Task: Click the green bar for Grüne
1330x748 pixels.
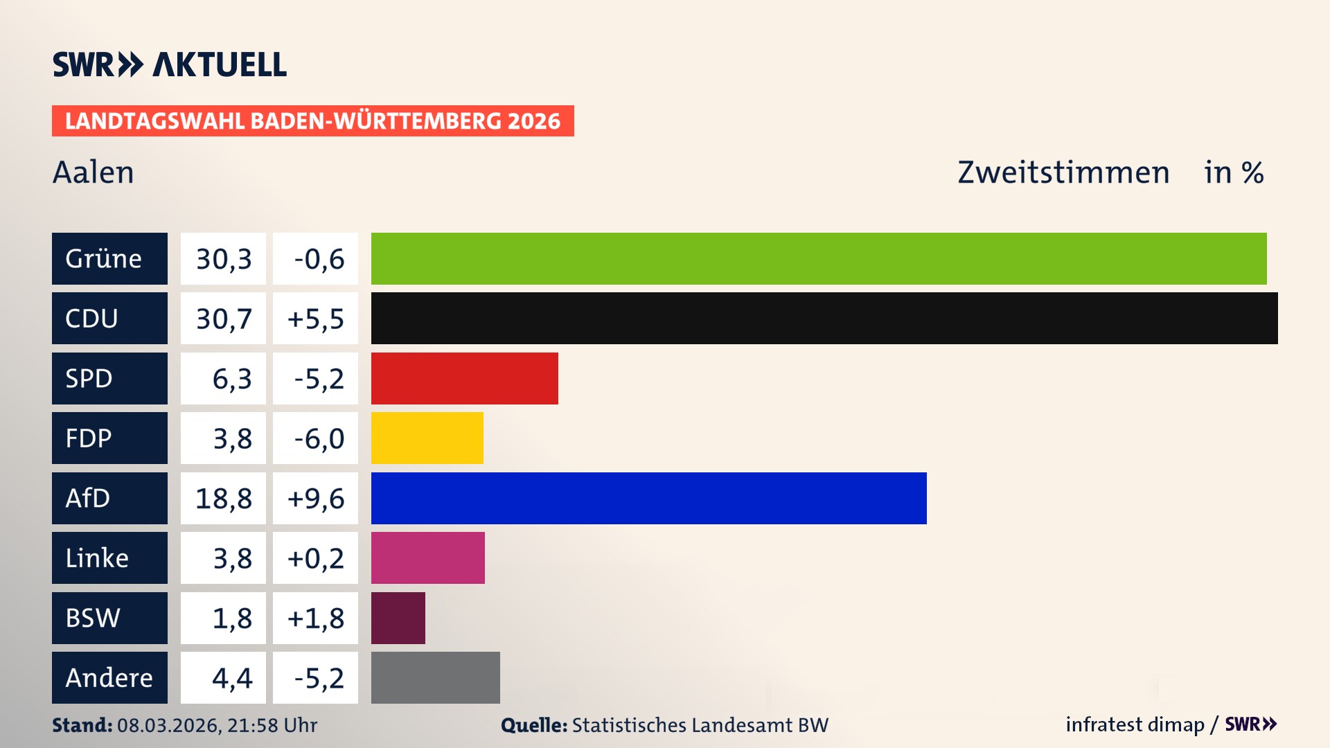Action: pos(819,258)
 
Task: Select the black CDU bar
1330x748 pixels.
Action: pos(824,318)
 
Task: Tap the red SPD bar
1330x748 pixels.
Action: pos(464,378)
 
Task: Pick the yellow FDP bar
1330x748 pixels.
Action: pos(427,438)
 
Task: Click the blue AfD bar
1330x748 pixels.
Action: pos(648,498)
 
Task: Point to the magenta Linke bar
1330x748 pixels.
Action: pos(427,558)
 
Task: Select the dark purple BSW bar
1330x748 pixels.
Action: pos(398,618)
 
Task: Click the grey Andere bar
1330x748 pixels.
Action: pos(435,677)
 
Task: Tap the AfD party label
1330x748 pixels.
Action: pos(109,498)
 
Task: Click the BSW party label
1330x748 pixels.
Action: pos(109,618)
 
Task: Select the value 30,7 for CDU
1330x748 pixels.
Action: pos(223,319)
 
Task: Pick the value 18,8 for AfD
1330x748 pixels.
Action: pos(223,499)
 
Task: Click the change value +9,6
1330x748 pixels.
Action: pos(315,499)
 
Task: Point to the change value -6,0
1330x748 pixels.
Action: pos(315,438)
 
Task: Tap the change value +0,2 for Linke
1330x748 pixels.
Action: pos(315,558)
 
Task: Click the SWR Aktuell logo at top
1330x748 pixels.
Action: pos(169,64)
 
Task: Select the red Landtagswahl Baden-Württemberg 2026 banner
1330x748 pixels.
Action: pos(312,121)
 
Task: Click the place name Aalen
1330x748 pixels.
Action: pos(93,172)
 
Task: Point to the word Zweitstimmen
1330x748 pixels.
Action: pos(1063,172)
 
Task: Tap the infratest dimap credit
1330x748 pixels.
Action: pos(1134,724)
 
